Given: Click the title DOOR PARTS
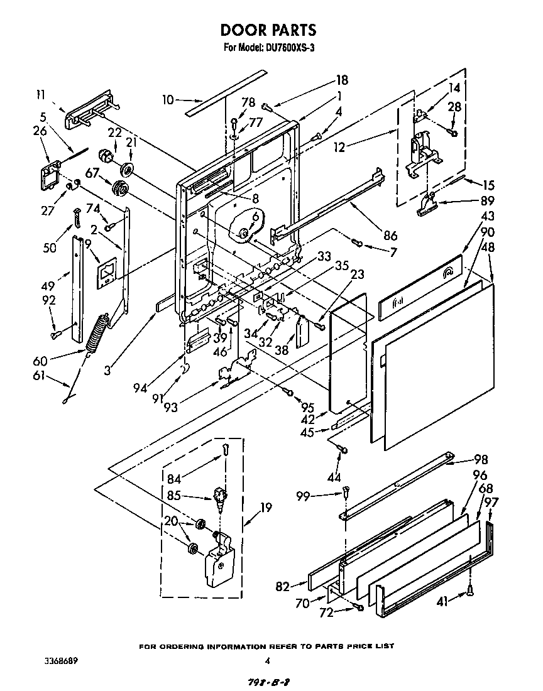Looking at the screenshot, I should tap(268, 30).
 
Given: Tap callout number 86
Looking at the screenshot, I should tap(390, 236).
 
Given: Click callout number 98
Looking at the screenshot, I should tap(481, 460).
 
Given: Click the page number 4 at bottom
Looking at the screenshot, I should tap(268, 661).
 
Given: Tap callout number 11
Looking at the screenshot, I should tap(41, 95).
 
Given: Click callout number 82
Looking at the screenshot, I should tap(283, 587).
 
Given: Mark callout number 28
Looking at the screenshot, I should tap(453, 107).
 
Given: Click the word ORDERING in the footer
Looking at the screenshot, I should tap(204, 646).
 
